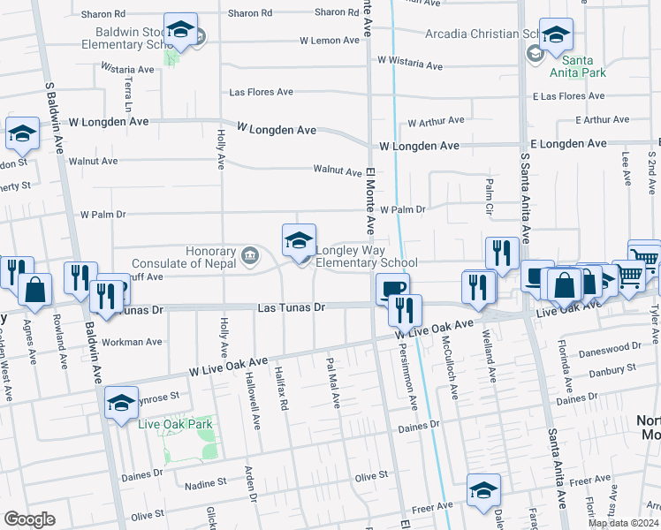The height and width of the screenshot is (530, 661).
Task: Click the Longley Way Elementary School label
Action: click(366, 256)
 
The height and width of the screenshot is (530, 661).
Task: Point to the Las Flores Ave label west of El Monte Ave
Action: click(261, 92)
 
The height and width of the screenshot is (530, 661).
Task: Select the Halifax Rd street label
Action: click(283, 389)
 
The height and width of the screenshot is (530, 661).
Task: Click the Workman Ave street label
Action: click(133, 341)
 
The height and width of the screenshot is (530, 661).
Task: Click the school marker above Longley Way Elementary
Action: click(299, 239)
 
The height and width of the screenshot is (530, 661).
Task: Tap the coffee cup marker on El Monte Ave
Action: click(391, 288)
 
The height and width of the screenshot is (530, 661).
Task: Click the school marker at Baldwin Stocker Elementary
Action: click(180, 32)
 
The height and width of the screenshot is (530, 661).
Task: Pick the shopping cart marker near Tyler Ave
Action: click(643, 257)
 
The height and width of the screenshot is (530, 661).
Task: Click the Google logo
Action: click(29, 519)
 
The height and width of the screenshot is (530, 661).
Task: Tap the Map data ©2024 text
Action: click(623, 523)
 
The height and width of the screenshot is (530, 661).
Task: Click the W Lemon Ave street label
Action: click(328, 41)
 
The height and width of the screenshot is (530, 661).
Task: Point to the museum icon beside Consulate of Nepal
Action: click(250, 257)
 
